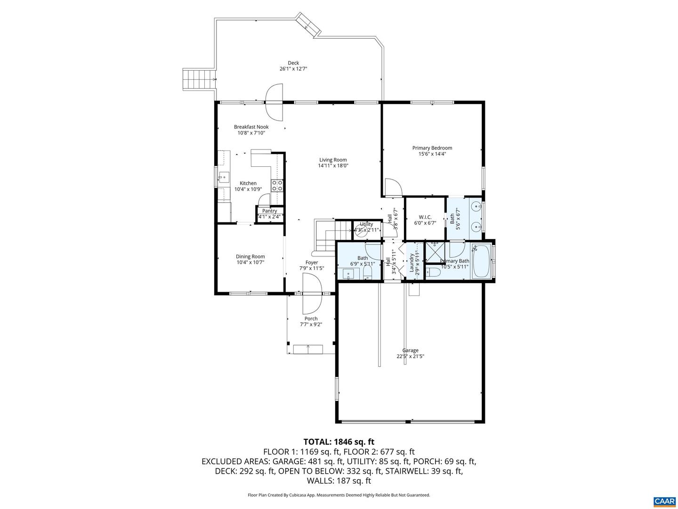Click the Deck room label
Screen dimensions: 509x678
(293, 63)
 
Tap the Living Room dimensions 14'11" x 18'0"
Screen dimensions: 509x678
(333, 165)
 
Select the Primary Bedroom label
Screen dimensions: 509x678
(432, 148)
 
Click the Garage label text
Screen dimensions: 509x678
(410, 350)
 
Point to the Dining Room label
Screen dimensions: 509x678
(250, 257)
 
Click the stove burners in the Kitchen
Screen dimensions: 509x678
(277, 185)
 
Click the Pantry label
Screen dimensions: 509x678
(269, 211)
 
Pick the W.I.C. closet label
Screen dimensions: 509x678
(425, 217)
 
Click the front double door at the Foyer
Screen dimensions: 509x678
(311, 294)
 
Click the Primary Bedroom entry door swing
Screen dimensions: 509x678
(392, 188)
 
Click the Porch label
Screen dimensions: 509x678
(311, 319)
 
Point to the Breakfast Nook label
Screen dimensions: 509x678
(251, 127)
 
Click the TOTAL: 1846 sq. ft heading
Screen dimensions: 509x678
(339, 442)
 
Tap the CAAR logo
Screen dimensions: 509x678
(664, 501)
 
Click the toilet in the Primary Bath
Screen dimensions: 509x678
(433, 272)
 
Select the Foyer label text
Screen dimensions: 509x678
(311, 263)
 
